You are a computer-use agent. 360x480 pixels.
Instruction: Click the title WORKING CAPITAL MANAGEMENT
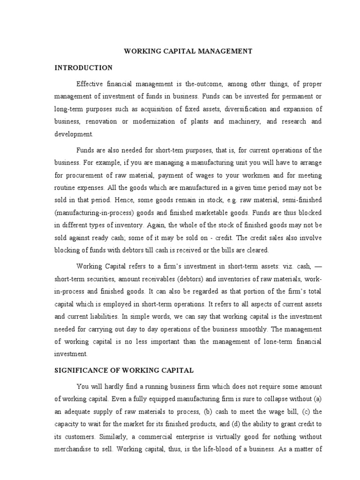[x=188, y=51]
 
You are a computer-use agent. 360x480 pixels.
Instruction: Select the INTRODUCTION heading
[x=83, y=67]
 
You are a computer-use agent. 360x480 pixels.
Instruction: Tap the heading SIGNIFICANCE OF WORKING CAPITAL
[x=124, y=370]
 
